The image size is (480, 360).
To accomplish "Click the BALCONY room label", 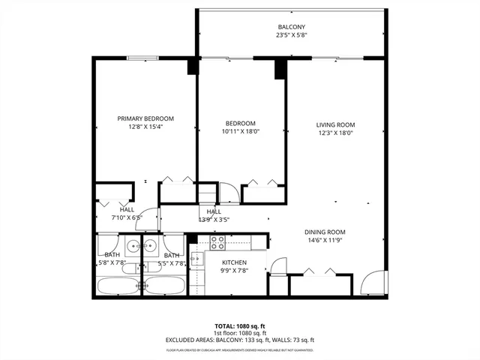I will [x=292, y=27].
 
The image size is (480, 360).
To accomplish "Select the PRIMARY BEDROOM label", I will [x=145, y=118].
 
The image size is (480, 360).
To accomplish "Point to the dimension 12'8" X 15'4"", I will [x=145, y=127].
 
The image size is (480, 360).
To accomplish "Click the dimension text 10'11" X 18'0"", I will [x=241, y=132].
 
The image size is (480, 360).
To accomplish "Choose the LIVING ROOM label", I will [x=334, y=124].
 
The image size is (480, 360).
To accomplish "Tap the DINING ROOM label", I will [x=325, y=232].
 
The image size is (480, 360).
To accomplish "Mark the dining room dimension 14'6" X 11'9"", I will [x=325, y=241].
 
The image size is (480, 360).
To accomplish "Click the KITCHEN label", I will [x=234, y=262].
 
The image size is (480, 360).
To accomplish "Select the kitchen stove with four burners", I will [x=217, y=242].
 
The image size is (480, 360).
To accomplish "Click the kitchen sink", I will [x=196, y=260].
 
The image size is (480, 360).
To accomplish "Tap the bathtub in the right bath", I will [x=164, y=286].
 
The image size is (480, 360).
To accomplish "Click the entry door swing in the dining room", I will [x=371, y=283].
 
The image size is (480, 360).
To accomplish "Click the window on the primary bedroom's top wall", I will [x=142, y=58].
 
